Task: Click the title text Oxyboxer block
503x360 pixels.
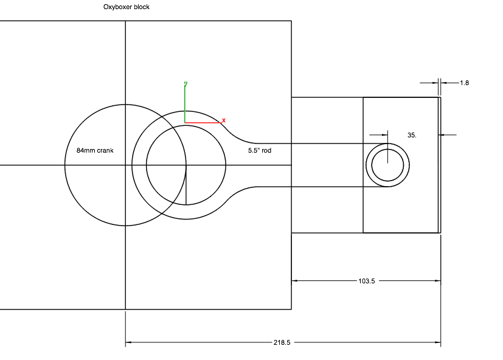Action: (127, 7)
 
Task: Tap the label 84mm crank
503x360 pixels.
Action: (95, 150)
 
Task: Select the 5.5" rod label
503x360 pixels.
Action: (259, 150)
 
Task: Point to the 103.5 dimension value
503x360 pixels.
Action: (366, 281)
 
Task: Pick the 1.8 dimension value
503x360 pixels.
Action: (464, 83)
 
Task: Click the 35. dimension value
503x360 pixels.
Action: (412, 135)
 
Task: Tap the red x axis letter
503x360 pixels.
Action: (224, 120)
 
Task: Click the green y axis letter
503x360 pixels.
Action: (185, 83)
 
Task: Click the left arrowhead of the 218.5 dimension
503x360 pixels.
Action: (128, 343)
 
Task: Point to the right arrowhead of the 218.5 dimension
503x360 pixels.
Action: (437, 343)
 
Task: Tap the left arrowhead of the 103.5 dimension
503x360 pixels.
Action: (295, 281)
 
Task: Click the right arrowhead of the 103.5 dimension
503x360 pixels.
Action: (437, 281)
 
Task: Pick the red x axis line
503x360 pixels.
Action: (203, 123)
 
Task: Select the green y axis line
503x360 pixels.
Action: (184, 103)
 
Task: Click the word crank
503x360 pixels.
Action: (105, 150)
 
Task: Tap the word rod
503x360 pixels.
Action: (266, 150)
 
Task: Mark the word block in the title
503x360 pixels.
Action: (141, 7)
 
